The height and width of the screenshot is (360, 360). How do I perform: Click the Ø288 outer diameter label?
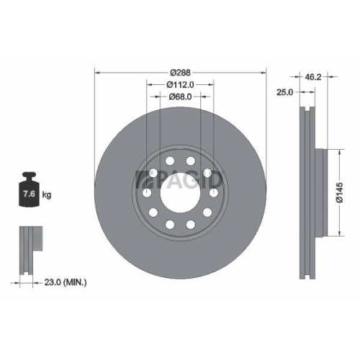coord(180,71)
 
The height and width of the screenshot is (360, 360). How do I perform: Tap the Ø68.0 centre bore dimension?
coord(180,96)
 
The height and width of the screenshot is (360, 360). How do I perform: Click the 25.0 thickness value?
coord(287,91)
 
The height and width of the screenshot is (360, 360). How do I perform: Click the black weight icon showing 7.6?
coord(30,192)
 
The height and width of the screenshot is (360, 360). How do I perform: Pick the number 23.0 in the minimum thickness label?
coord(53,284)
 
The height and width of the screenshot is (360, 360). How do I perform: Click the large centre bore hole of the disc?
coord(180,193)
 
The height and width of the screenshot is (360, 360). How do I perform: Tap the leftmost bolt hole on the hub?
coord(146,193)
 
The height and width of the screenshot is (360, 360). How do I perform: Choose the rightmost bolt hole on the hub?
coord(215,193)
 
